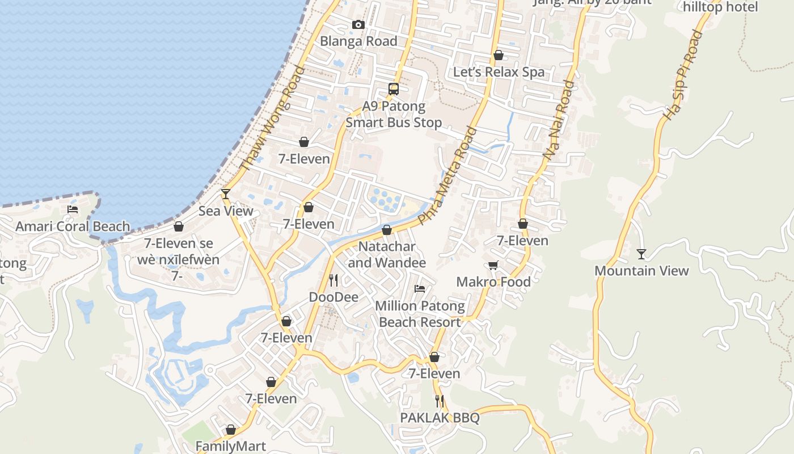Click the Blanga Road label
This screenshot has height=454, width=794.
[358, 41]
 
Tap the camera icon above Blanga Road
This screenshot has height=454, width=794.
[358, 24]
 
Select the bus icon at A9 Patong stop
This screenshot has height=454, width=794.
[393, 89]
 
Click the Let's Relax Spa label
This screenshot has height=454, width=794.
[499, 72]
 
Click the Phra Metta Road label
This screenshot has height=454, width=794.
[447, 175]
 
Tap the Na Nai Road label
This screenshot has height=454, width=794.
[559, 119]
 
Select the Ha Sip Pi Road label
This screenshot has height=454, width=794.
[683, 75]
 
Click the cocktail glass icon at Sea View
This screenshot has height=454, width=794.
[226, 194]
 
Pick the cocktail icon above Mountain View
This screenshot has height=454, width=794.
[641, 254]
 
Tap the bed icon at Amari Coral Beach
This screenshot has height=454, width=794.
[73, 209]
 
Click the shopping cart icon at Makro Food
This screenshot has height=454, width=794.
[493, 265]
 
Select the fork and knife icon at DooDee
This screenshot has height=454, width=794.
[333, 280]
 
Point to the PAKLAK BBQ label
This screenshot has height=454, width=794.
[440, 418]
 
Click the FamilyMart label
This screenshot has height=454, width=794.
[231, 446]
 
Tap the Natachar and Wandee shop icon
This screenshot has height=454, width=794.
[387, 230]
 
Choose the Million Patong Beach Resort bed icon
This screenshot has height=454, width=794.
[420, 289]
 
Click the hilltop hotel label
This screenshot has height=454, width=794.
[720, 7]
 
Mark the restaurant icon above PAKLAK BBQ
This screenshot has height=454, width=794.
[440, 401]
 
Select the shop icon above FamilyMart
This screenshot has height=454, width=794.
[231, 430]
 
